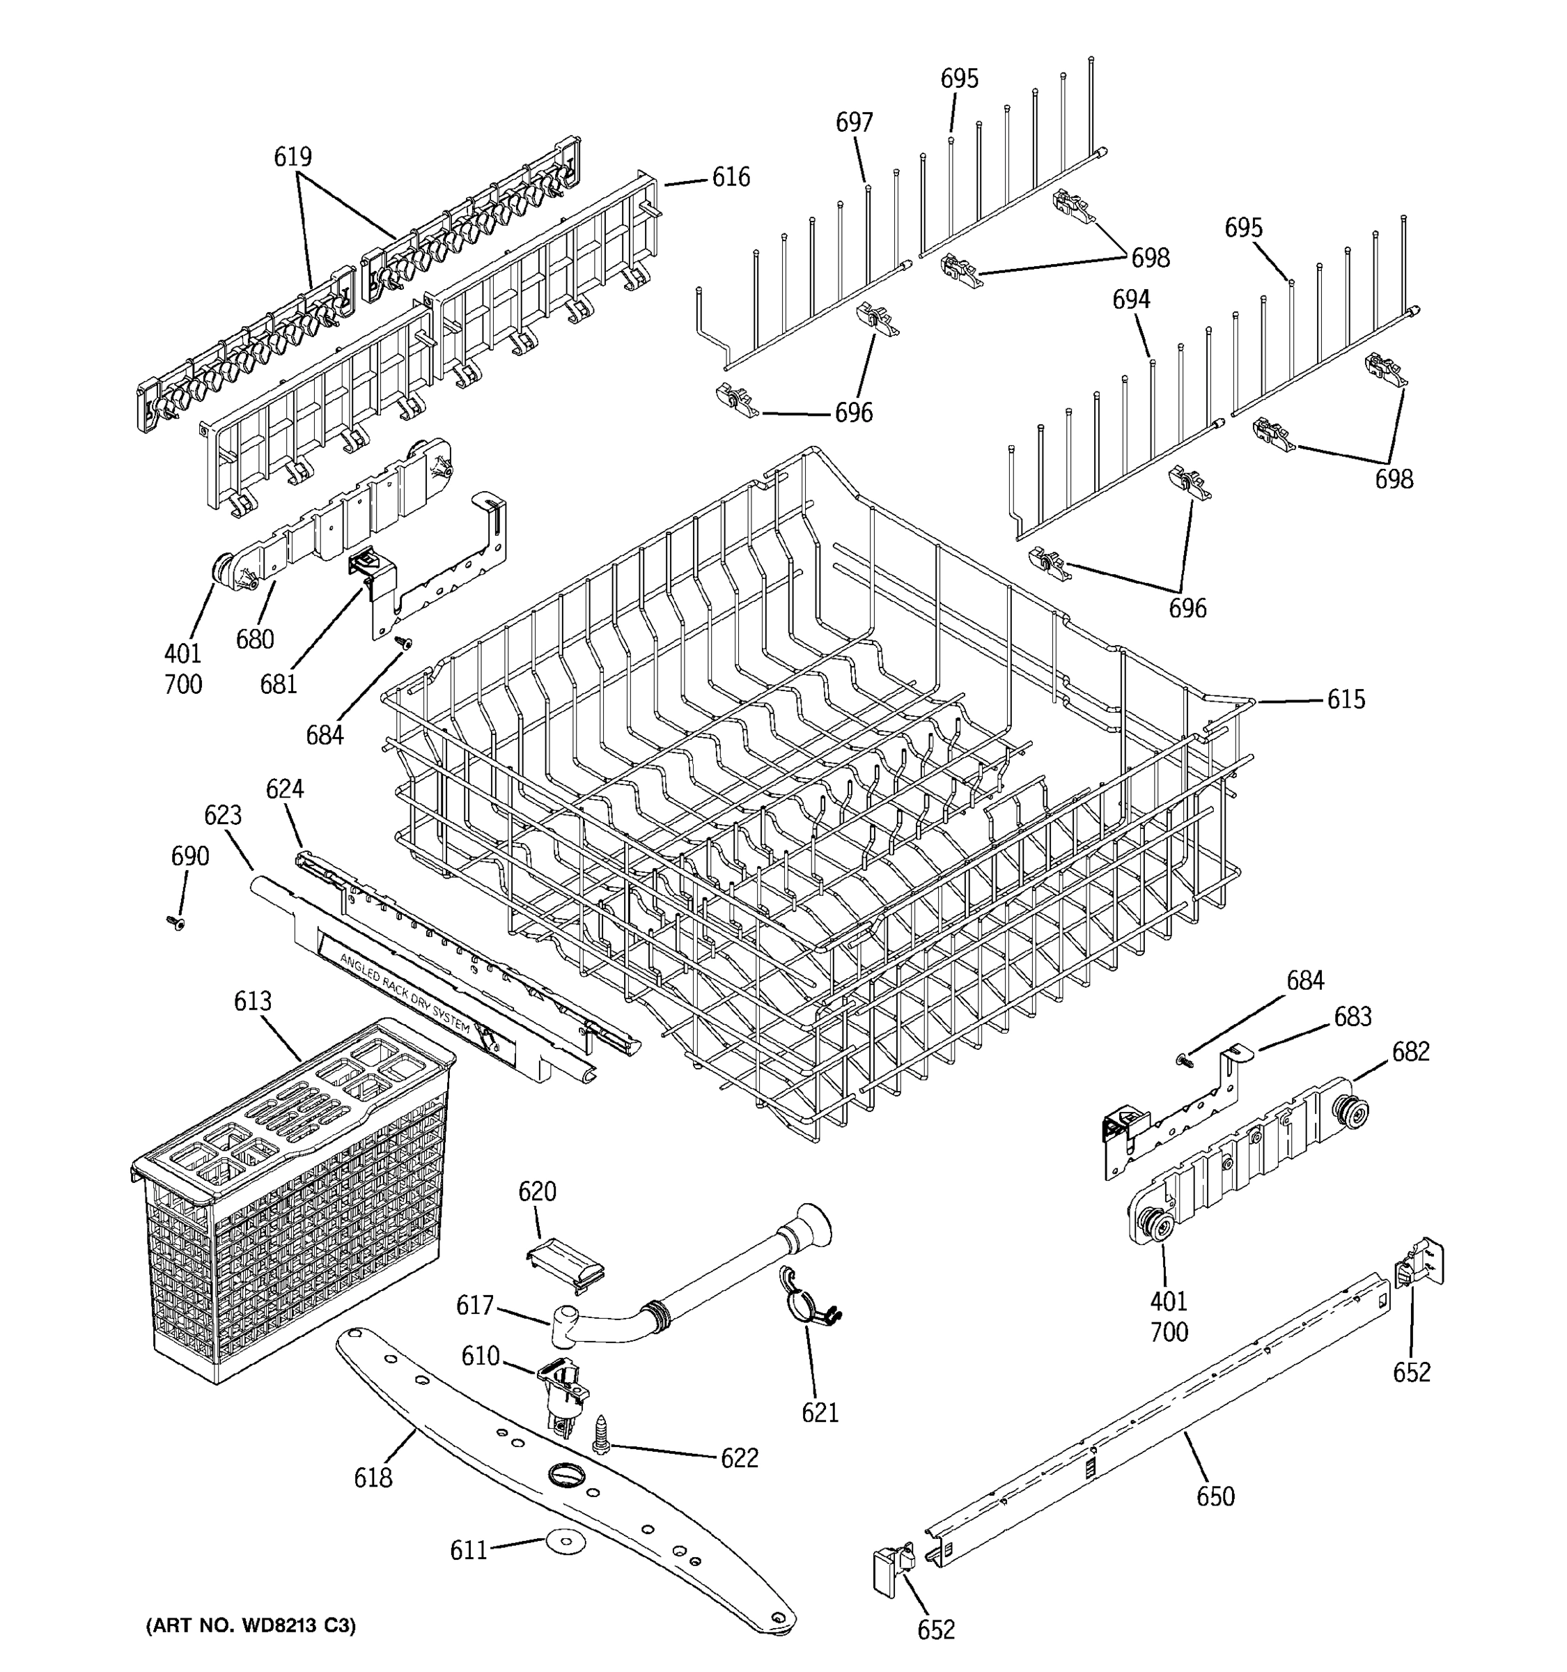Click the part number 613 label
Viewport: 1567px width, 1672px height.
click(252, 1001)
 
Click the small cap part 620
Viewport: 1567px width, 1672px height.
click(565, 1259)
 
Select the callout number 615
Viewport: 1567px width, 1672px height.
click(1346, 699)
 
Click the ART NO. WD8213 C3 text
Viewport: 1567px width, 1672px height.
click(251, 1625)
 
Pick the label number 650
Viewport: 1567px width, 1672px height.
click(1215, 1496)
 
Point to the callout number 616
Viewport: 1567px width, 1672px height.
click(731, 178)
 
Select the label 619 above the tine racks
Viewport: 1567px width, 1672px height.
click(293, 157)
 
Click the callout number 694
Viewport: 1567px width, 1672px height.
click(1131, 300)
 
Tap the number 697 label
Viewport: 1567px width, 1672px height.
click(853, 123)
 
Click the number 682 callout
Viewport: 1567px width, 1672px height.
click(1410, 1051)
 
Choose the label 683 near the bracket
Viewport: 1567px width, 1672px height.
click(1352, 1017)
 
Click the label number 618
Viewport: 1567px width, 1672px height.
click(373, 1478)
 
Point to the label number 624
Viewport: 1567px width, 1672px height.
click(284, 789)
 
